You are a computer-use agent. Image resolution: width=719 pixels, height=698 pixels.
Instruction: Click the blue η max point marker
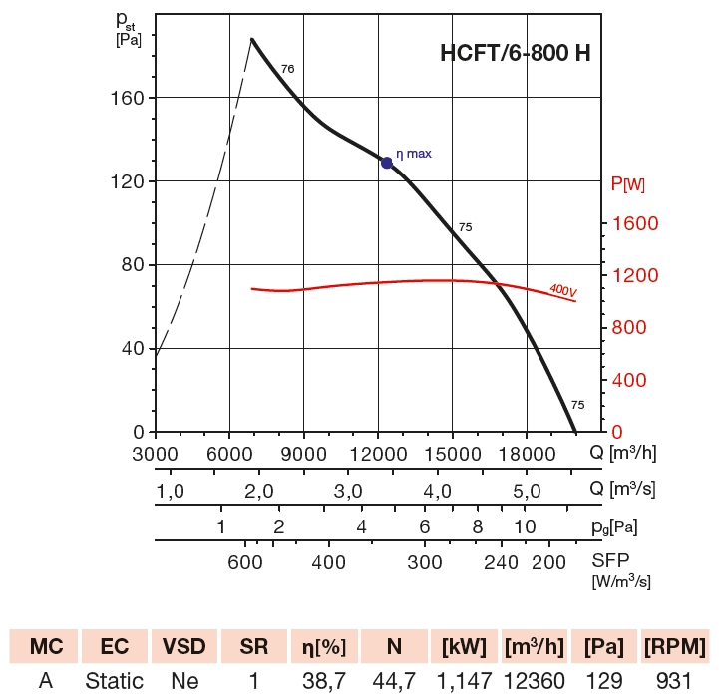(387, 162)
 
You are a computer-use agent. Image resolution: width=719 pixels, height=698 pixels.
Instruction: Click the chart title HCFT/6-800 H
(515, 54)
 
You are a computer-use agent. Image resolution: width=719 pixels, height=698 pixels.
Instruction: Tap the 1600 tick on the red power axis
(634, 223)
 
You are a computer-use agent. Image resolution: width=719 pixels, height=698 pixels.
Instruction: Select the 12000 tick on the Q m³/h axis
(378, 453)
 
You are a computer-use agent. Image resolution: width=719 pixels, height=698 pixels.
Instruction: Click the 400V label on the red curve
(563, 290)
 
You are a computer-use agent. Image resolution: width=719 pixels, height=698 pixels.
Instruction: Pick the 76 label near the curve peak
(288, 69)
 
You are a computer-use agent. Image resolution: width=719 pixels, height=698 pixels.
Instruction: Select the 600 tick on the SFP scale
(245, 562)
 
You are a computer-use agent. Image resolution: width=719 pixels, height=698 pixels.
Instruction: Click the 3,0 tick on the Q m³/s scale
(347, 491)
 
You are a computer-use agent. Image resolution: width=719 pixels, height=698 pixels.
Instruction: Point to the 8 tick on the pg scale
(478, 526)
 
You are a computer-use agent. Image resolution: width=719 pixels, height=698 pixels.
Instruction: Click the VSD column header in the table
(182, 646)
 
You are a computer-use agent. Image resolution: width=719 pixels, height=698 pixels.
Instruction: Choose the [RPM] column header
(674, 646)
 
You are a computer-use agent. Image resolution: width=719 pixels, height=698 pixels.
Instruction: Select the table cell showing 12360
(534, 682)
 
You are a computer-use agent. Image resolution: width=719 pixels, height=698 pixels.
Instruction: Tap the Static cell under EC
(114, 682)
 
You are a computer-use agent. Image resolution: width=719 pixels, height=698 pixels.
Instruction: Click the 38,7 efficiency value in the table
(322, 682)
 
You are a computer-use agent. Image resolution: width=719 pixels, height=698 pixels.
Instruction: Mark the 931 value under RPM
(674, 682)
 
